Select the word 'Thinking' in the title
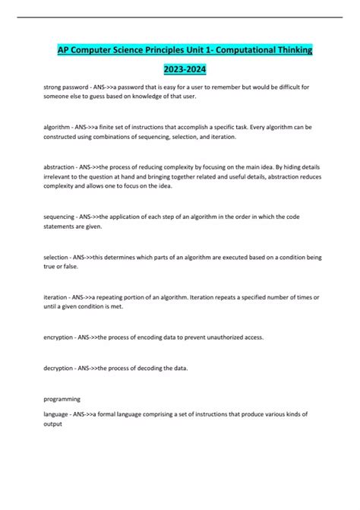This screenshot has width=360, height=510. (x=287, y=49)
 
